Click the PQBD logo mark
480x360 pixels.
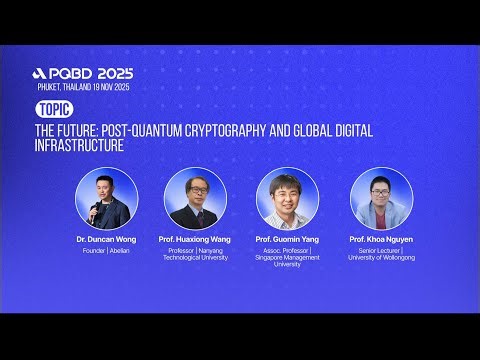[39, 74]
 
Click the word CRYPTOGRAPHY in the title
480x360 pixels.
[244, 129]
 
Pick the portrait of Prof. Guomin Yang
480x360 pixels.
[287, 199]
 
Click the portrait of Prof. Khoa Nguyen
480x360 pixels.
[381, 199]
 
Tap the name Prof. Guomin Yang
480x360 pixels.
[287, 241]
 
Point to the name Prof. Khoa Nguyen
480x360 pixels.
[381, 241]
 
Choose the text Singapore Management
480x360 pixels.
[287, 257]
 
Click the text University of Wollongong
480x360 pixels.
[381, 257]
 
